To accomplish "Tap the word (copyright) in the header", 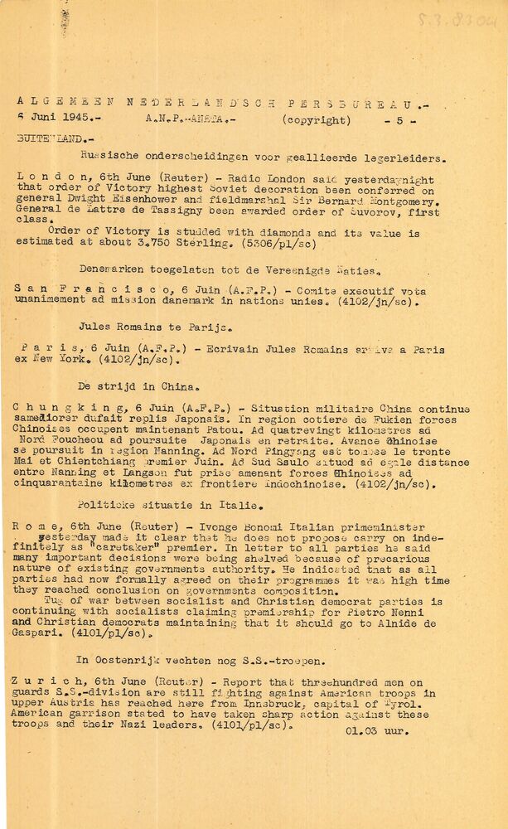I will pyautogui.click(x=316, y=119).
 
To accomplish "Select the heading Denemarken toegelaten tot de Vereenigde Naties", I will pyautogui.click(x=230, y=269).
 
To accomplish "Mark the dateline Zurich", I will pyautogui.click(x=36, y=681).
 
